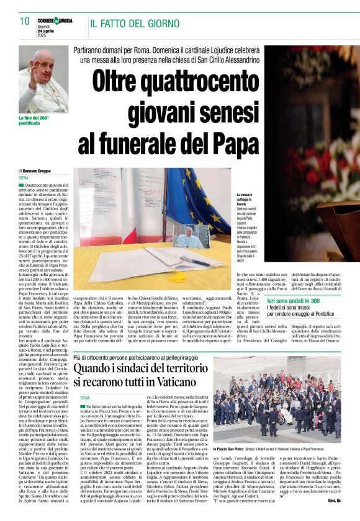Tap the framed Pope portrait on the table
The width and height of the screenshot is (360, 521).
click(191, 236)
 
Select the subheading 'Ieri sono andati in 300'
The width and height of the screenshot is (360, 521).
click(294, 300)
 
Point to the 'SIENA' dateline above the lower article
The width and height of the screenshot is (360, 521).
click(85, 397)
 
